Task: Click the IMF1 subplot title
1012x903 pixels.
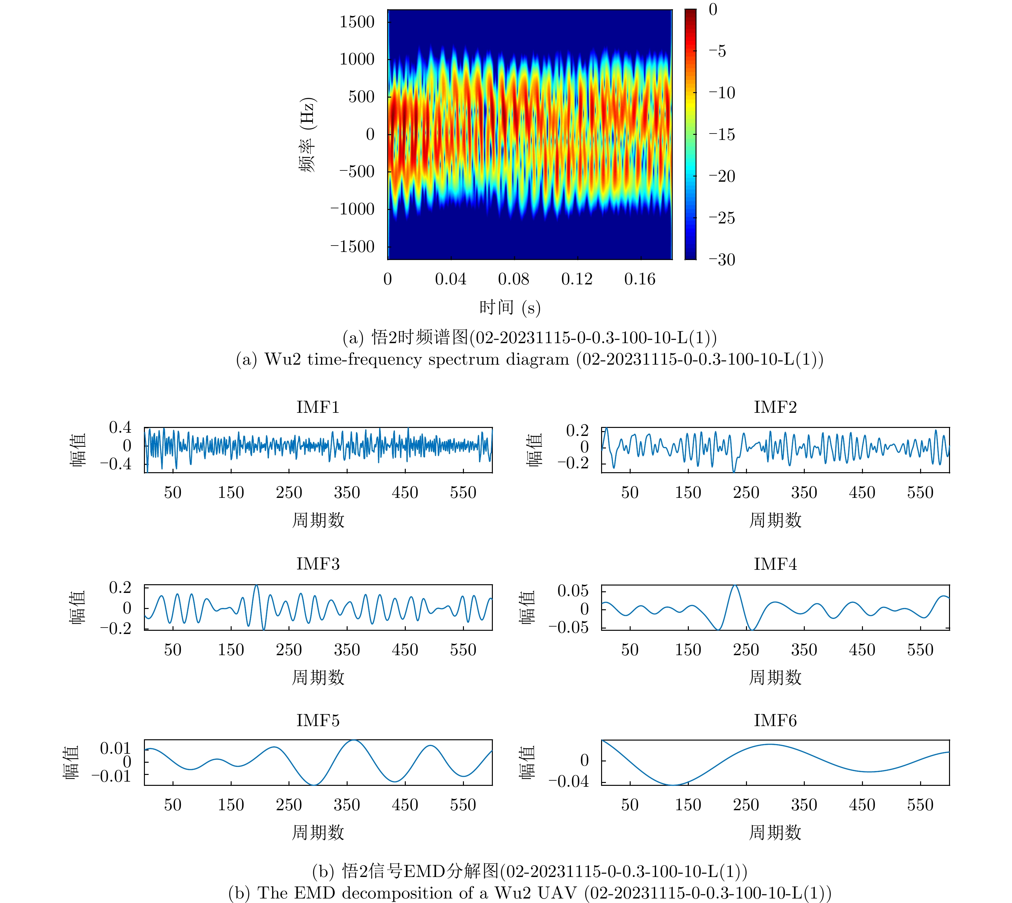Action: coord(318,407)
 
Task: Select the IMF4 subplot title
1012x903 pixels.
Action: coord(775,564)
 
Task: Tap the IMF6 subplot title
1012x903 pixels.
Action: coord(775,720)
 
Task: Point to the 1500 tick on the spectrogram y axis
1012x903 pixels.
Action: coord(357,22)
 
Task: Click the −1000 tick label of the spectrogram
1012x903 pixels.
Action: coord(352,209)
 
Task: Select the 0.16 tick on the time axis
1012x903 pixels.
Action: coord(640,279)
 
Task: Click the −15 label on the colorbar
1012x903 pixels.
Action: coord(722,135)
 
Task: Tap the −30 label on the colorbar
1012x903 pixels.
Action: coord(722,259)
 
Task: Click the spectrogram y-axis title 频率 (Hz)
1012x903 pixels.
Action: coord(307,135)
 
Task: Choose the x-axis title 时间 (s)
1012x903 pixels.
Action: coord(510,308)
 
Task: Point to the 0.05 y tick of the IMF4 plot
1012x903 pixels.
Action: coord(573,591)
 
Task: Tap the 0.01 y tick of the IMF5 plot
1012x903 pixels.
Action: coord(115,748)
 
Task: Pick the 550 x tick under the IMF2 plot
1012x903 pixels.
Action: coord(920,493)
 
